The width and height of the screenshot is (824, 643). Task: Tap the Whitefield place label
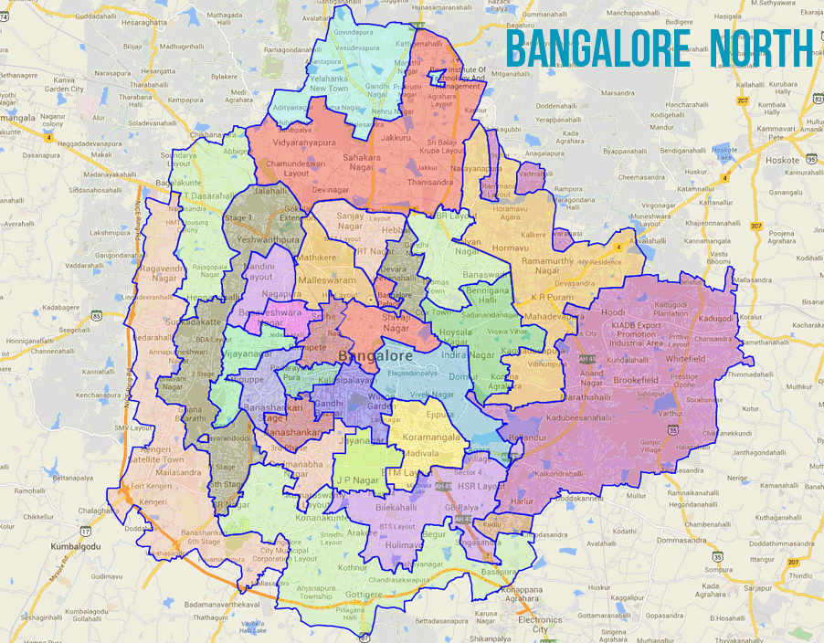point(685,359)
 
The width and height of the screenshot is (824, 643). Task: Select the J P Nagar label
point(357,478)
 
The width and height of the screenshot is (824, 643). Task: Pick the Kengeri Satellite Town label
point(152,454)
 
